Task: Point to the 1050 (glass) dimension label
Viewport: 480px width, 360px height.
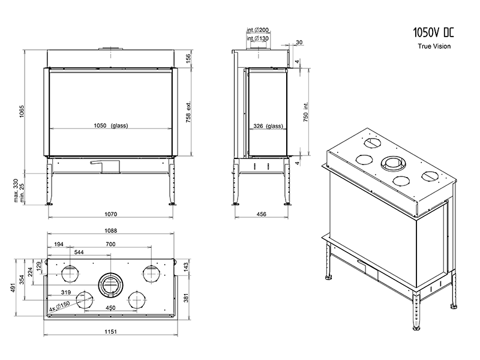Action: click(111, 126)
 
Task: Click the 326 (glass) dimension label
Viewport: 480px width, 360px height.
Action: click(266, 126)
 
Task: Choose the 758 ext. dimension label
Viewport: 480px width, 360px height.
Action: click(188, 111)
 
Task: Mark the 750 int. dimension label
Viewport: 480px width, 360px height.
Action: click(306, 112)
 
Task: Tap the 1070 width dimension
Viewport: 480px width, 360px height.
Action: click(110, 214)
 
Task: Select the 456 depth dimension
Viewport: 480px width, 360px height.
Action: click(262, 214)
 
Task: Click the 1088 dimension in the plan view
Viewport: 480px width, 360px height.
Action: click(110, 231)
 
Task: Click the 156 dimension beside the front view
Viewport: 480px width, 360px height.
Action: click(188, 58)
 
